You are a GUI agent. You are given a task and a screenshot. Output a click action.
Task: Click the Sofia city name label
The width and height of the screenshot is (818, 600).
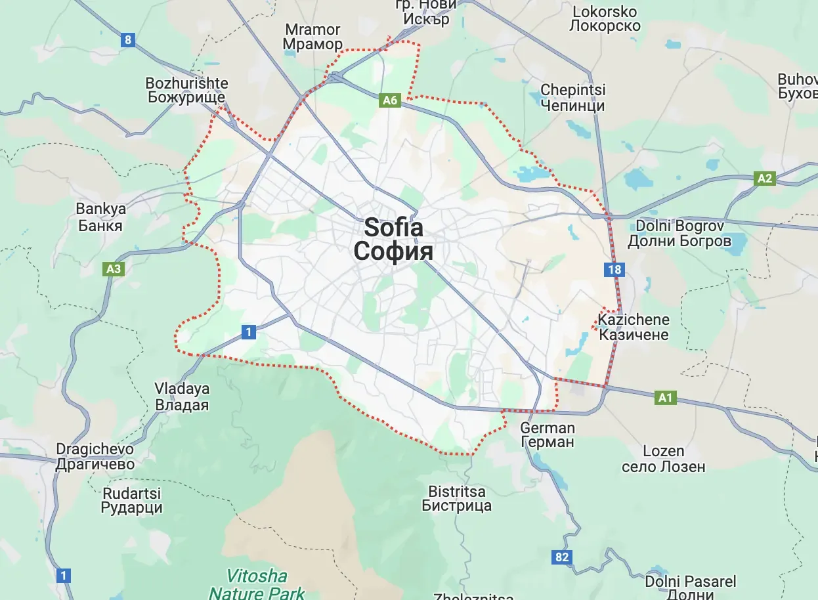click(393, 239)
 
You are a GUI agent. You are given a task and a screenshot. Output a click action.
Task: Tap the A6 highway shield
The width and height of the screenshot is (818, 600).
click(390, 100)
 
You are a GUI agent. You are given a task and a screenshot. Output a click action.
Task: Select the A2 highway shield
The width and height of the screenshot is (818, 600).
click(765, 178)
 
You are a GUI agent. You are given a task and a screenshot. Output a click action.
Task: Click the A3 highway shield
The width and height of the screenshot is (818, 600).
click(114, 268)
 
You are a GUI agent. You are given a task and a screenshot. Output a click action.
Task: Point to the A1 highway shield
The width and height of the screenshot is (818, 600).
click(666, 397)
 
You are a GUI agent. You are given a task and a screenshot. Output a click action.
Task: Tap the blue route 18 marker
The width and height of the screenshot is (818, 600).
click(615, 269)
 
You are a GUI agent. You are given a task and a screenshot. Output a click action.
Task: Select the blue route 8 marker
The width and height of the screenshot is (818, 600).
click(127, 40)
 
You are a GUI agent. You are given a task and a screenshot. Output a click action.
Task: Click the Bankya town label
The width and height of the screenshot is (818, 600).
click(100, 217)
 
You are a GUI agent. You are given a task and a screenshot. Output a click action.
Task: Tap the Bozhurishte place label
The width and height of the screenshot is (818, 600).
click(186, 91)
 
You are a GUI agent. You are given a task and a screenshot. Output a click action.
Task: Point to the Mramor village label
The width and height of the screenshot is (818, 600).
click(312, 37)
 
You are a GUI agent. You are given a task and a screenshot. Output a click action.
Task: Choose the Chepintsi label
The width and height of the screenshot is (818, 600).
click(572, 97)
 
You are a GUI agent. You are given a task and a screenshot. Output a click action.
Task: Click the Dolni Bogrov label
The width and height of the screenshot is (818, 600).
click(679, 233)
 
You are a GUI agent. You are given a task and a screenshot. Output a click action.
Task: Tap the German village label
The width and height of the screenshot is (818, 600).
click(547, 435)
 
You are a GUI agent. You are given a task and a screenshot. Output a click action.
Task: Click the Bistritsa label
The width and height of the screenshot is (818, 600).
click(456, 498)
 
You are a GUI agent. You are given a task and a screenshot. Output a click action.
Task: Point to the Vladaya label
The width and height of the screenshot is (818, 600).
click(181, 396)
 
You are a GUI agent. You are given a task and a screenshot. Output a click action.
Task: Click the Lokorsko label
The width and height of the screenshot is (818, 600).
click(605, 18)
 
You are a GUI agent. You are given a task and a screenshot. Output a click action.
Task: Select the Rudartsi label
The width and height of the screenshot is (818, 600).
click(131, 500)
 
